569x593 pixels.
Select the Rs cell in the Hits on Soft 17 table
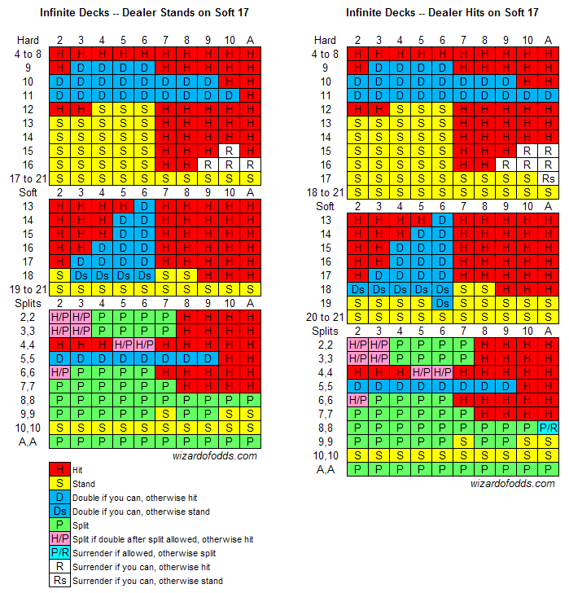click(549, 178)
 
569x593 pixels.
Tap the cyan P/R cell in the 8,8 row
click(549, 427)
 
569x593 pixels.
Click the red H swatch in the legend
click(60, 470)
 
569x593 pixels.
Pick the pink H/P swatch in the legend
click(60, 539)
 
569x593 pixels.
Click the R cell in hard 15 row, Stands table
click(230, 151)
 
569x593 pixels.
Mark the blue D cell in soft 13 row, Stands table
click(145, 206)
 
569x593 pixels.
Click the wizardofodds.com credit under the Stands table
click(215, 456)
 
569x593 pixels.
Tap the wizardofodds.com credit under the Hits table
click(513, 483)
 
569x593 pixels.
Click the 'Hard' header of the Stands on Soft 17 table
click(26, 40)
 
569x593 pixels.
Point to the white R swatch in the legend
click(60, 567)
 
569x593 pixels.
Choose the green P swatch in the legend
click(60, 525)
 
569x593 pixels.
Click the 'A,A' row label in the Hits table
click(326, 468)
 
